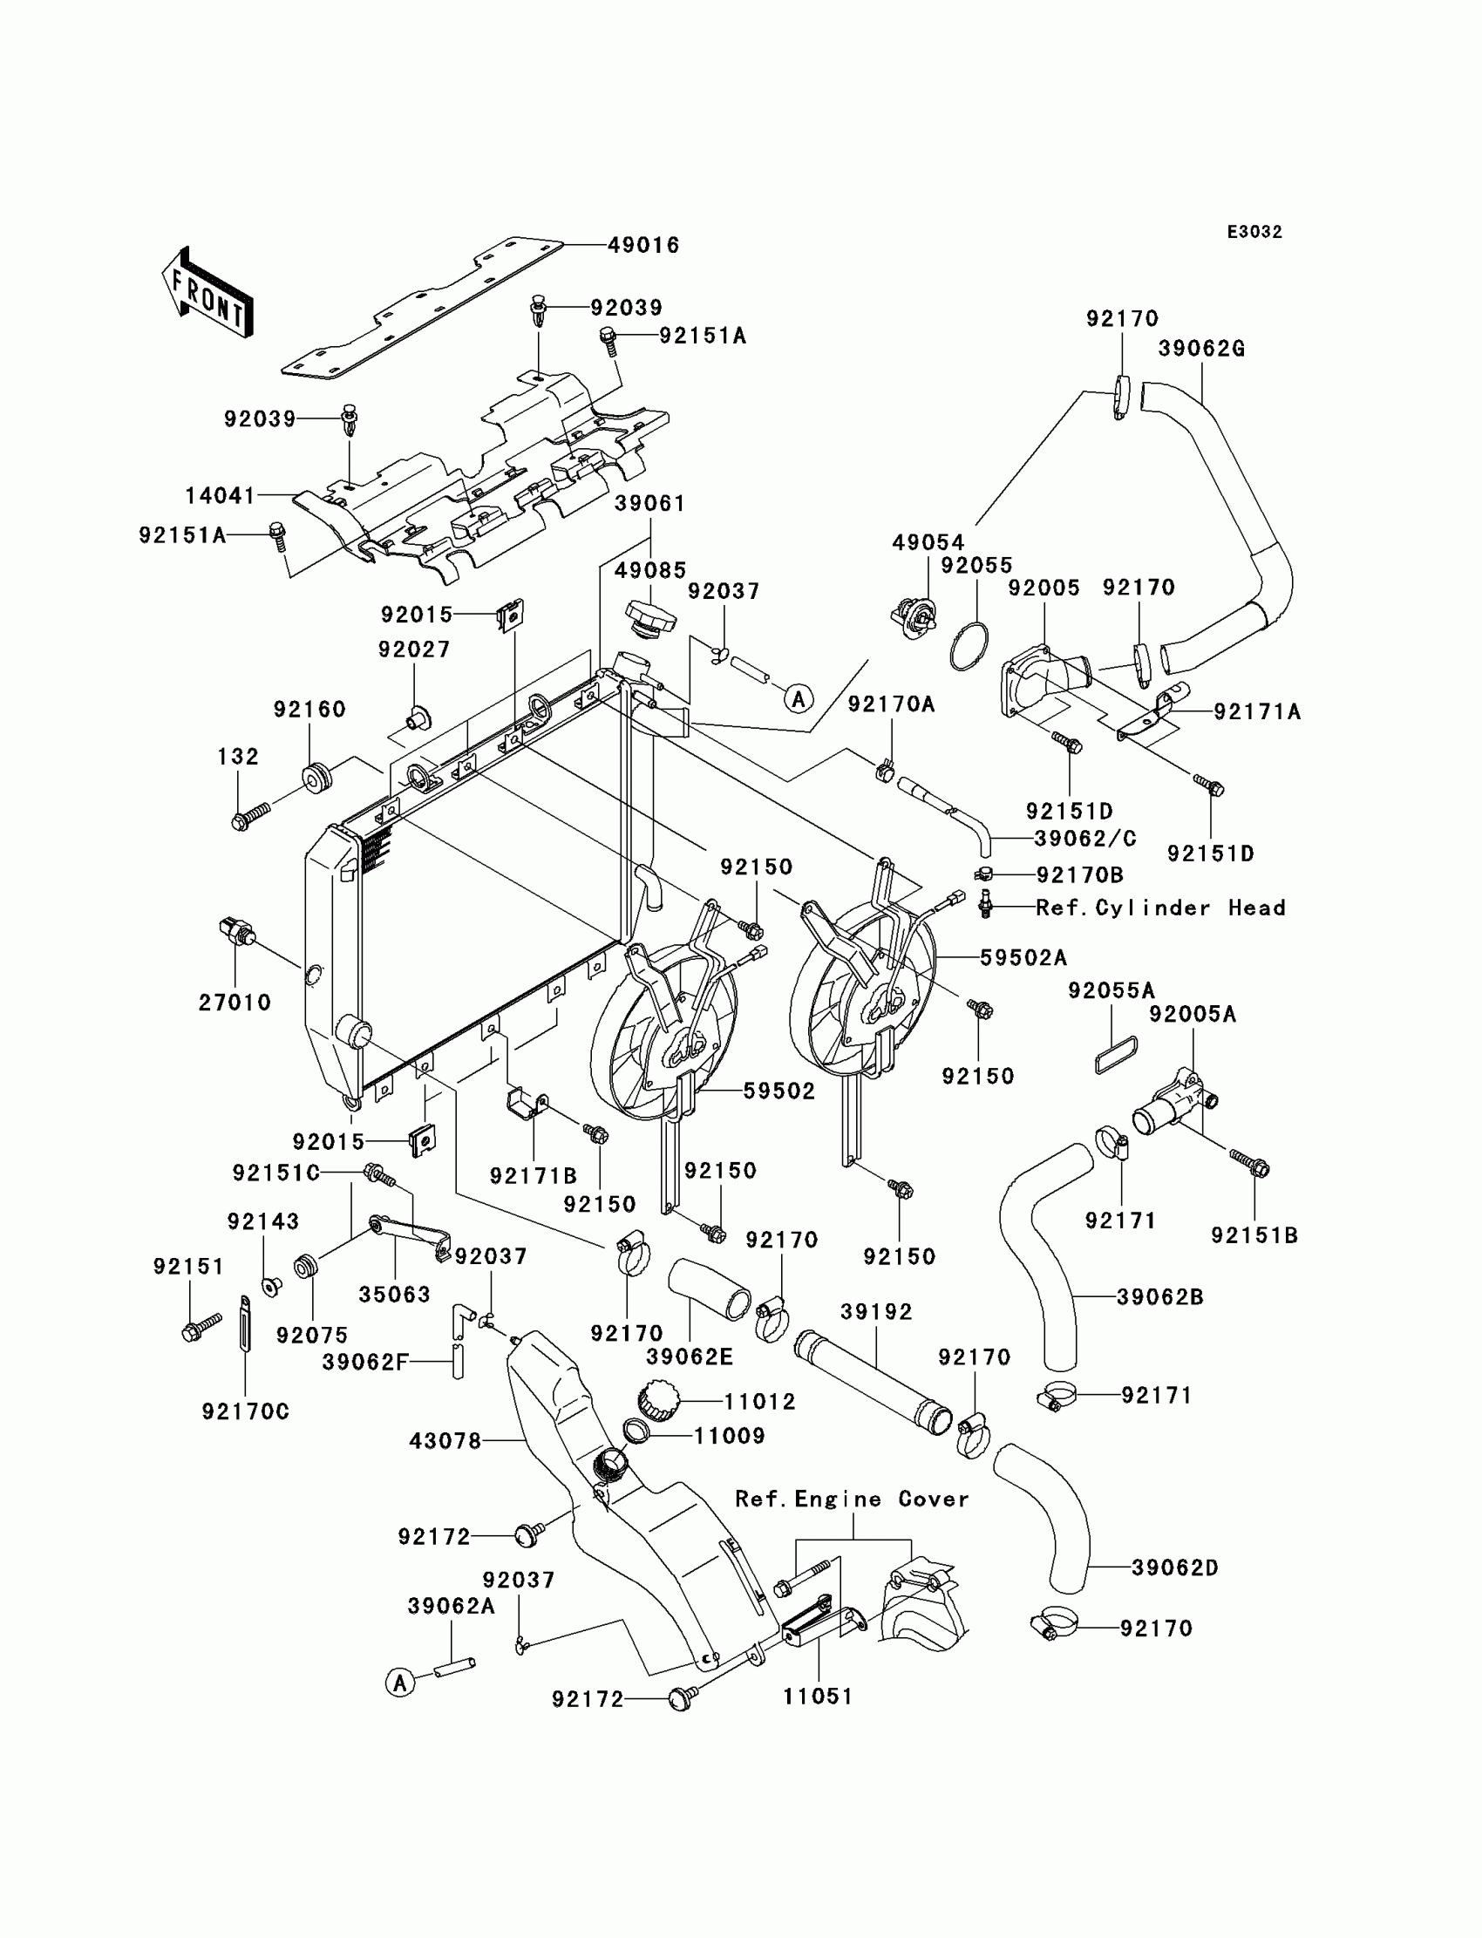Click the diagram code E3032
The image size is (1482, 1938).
point(1254,232)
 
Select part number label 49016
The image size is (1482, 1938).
point(643,245)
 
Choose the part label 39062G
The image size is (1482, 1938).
point(1200,349)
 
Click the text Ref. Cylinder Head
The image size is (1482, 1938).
point(1160,908)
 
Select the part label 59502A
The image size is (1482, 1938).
point(1023,957)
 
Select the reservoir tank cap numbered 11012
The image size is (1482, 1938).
point(656,1399)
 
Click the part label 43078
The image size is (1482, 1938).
point(445,1441)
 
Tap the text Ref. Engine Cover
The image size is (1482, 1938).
point(851,1499)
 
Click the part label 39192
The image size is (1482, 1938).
point(876,1312)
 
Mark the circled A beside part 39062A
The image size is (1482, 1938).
point(400,1683)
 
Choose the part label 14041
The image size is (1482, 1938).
point(220,496)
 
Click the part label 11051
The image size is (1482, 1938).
point(818,1697)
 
